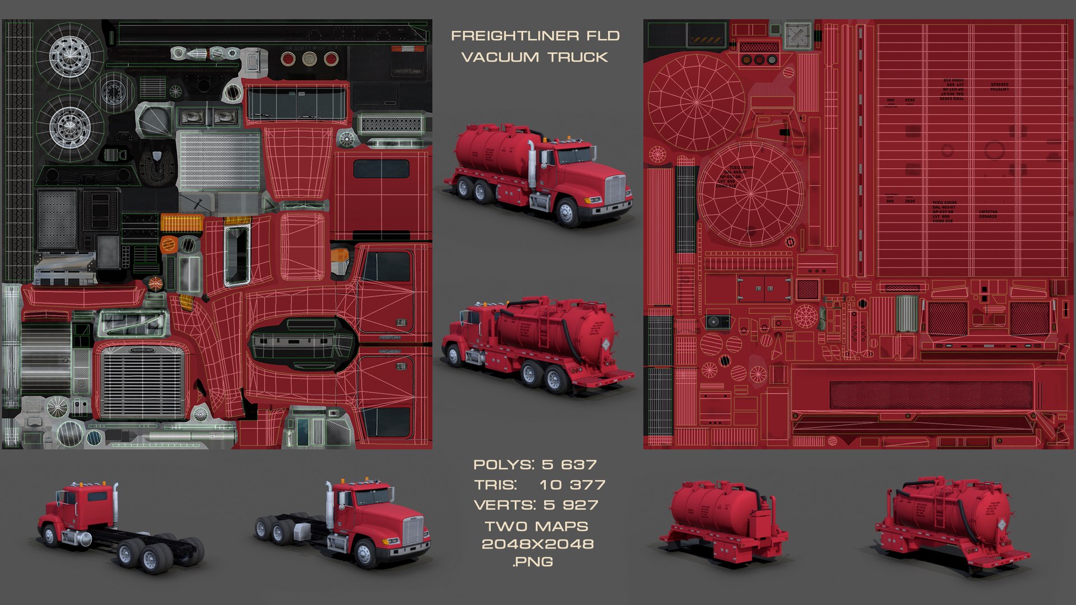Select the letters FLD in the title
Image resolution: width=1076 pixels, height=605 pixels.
[x=603, y=36]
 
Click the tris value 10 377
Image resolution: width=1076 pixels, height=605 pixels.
[x=572, y=485]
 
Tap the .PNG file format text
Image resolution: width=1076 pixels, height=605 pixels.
[x=533, y=562]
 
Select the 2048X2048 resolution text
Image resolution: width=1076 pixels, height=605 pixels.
[x=537, y=544]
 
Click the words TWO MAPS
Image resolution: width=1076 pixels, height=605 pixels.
[x=536, y=526]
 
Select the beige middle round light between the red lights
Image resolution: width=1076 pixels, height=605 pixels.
[x=309, y=59]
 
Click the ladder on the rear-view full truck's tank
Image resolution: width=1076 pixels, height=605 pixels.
[x=543, y=331]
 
